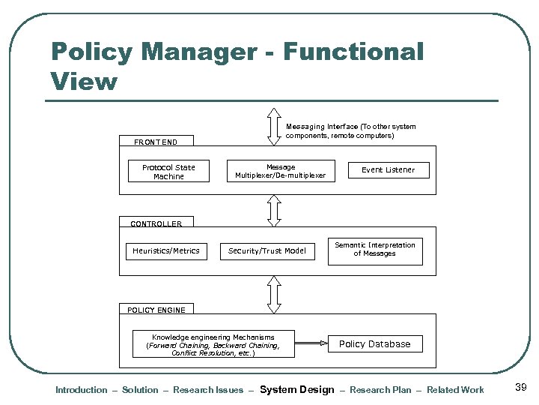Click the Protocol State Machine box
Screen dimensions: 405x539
pos(168,172)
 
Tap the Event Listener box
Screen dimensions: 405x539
pos(388,170)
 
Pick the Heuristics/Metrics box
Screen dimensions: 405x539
pos(166,250)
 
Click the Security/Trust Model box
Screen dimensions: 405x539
pos(267,251)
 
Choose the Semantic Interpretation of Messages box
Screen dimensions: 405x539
pos(375,250)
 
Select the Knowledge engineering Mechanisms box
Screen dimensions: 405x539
pos(213,345)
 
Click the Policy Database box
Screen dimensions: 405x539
pos(375,344)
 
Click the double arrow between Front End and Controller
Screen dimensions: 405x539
pos(275,210)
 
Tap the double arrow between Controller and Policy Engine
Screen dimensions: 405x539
pos(275,295)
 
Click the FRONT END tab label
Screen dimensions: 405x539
pos(156,142)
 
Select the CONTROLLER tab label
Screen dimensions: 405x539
pos(156,223)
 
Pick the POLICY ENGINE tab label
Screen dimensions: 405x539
pos(156,310)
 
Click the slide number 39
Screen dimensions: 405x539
pos(522,387)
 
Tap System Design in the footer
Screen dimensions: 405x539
pos(296,390)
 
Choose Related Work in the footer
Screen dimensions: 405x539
pos(455,390)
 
